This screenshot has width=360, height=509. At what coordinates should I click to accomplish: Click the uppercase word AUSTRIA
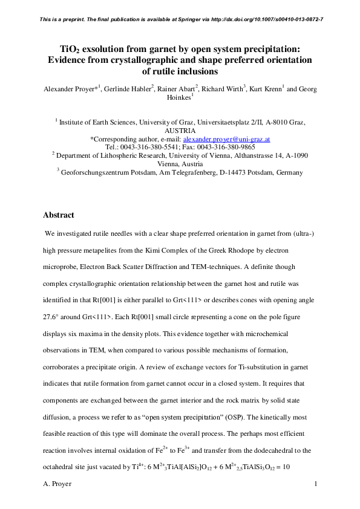tap(180, 130)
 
